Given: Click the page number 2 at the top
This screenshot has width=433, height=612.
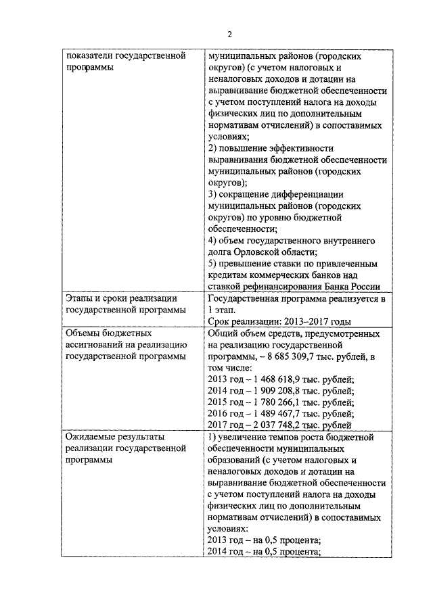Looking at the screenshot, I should click(229, 35).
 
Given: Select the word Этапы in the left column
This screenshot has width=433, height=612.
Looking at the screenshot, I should click(80, 299).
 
